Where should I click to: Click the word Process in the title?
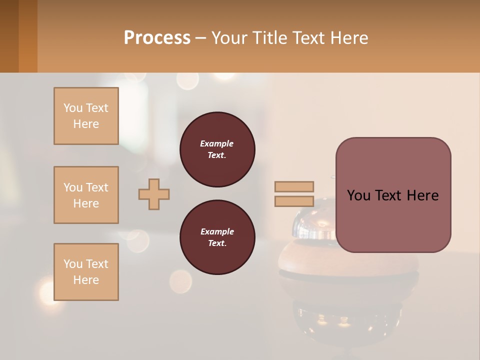pos(157,38)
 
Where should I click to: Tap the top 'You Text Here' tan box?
pos(86,116)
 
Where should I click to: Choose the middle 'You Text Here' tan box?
pos(86,195)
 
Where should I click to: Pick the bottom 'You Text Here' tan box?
pos(86,272)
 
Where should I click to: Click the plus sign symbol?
pos(154,194)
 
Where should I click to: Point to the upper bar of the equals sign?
pos(294,186)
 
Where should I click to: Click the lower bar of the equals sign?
pos(294,201)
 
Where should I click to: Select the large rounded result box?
pos(393,220)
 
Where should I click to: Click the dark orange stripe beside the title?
pos(27,36)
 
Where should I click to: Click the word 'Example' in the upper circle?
pos(217,143)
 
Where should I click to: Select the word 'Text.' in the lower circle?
pos(217,243)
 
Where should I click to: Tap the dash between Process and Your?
pos(201,38)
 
